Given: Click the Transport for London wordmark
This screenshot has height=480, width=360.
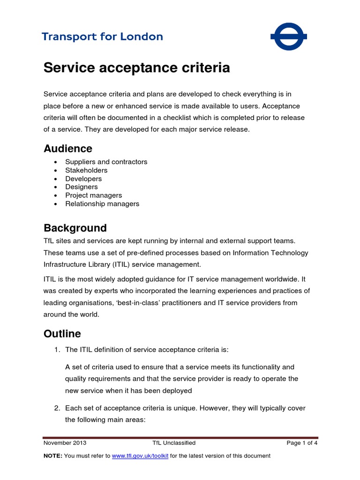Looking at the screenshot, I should click(x=102, y=37).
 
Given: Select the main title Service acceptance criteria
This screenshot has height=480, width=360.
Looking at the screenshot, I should click(x=136, y=68).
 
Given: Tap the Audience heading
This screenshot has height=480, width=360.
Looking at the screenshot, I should click(x=68, y=149).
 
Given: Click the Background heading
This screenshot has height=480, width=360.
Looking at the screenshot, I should click(x=75, y=228).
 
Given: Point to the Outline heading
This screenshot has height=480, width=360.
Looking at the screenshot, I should click(x=62, y=334).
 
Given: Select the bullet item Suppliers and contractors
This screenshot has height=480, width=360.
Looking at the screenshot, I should click(x=106, y=162).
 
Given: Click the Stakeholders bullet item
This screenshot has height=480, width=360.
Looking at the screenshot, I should click(x=86, y=170).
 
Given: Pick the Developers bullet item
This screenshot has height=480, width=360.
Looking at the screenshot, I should click(x=83, y=179).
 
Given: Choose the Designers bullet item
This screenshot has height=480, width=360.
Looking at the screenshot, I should click(x=82, y=187).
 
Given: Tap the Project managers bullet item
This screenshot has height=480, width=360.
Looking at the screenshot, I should click(x=93, y=195).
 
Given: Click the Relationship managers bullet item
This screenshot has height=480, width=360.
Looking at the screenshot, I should click(x=102, y=204).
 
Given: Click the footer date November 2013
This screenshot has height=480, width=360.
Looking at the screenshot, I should click(x=65, y=442).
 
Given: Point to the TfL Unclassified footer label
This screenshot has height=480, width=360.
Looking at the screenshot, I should click(x=174, y=442).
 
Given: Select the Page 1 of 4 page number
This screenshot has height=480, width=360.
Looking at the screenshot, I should click(x=302, y=442).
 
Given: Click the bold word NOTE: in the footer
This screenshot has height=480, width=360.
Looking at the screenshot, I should click(x=52, y=456).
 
